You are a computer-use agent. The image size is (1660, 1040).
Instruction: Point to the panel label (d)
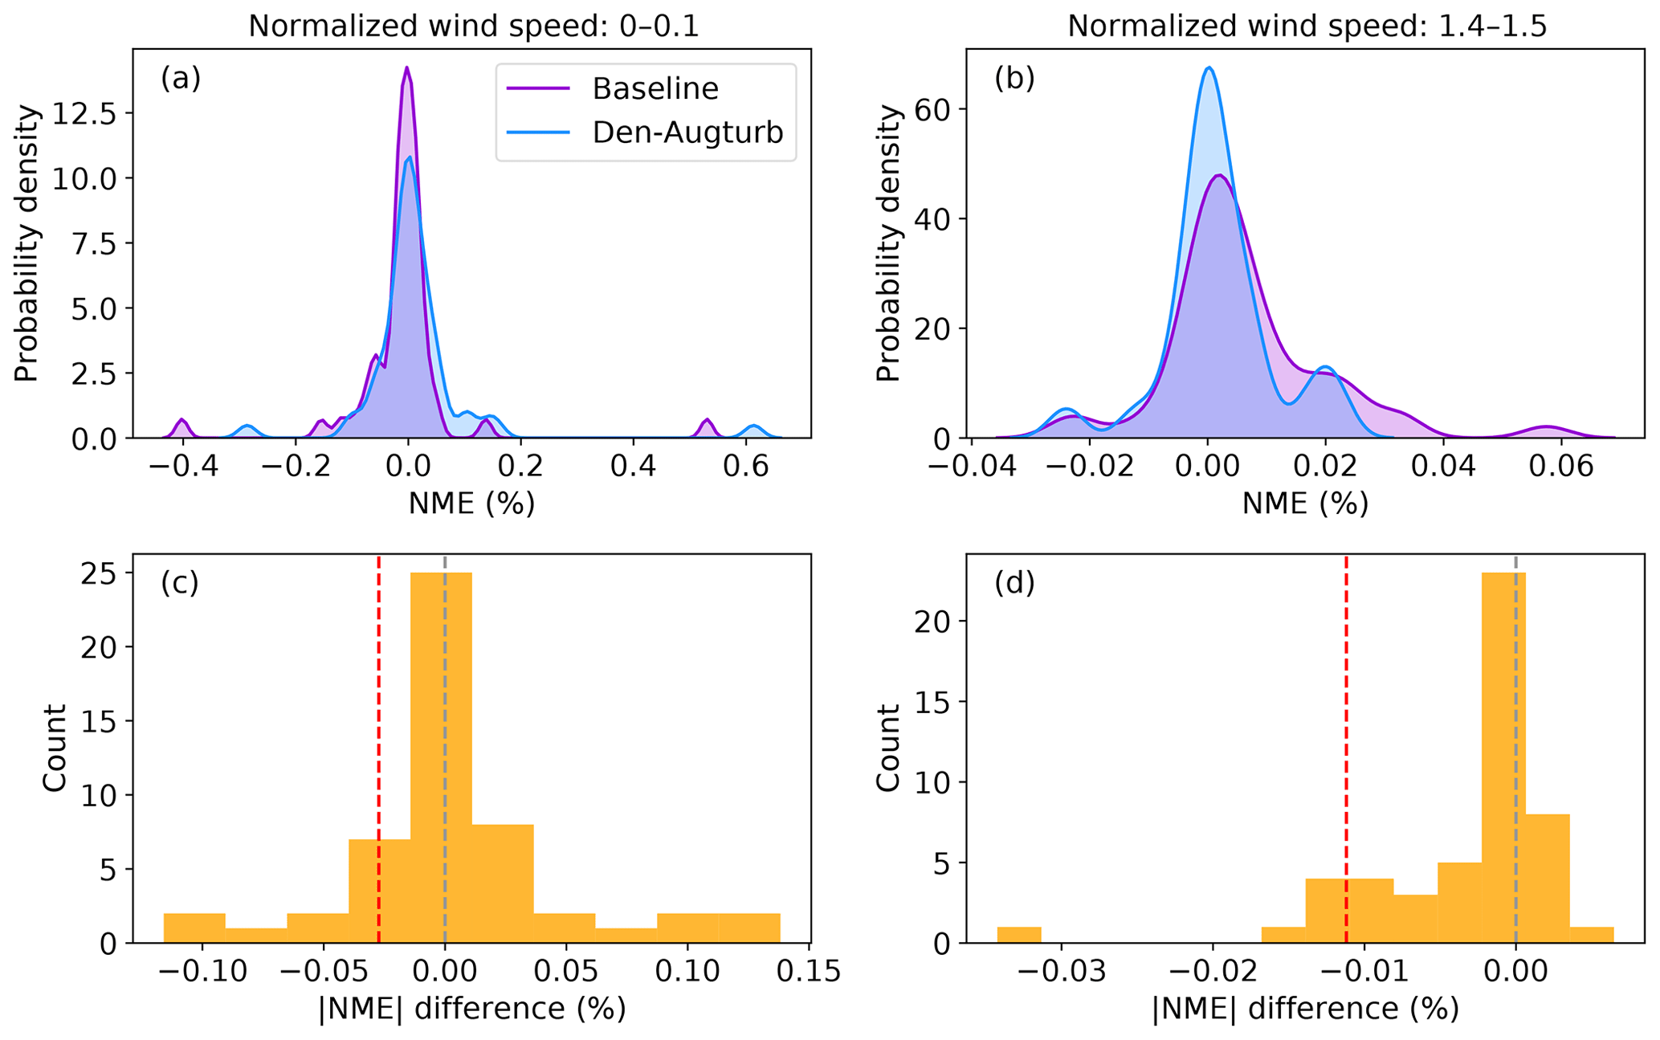[1014, 583]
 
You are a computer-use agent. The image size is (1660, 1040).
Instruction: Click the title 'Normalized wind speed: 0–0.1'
[473, 27]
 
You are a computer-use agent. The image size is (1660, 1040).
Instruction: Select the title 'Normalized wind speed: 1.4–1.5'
[1307, 27]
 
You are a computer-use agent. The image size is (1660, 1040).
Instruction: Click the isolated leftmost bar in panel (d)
[1019, 935]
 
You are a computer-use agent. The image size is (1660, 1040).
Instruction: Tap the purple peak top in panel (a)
[407, 68]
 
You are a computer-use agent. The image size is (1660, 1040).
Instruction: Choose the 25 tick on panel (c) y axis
[98, 573]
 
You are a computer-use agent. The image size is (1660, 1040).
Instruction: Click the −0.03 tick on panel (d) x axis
[1062, 973]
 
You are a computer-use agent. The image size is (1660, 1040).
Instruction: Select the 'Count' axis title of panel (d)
[888, 747]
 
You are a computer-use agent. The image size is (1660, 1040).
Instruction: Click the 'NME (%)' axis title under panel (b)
[1305, 504]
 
